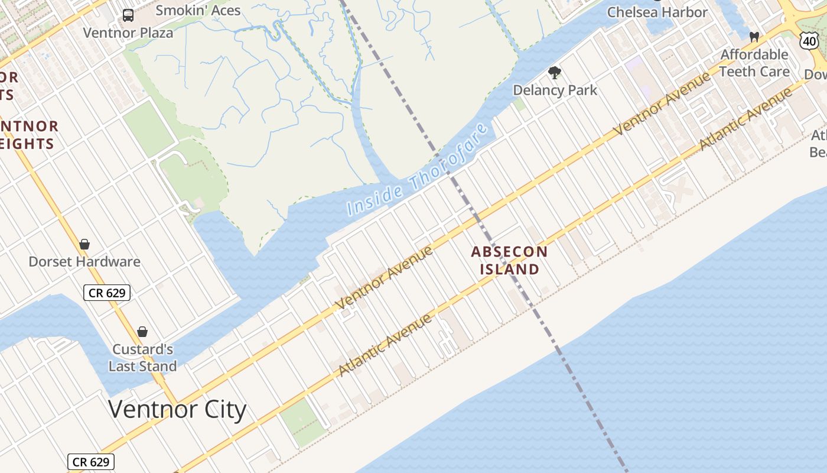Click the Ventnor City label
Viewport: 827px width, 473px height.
pos(177,409)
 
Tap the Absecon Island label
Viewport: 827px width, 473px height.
pos(509,260)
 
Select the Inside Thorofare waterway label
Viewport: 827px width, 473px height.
pos(418,170)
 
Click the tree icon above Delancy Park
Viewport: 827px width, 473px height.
pos(554,73)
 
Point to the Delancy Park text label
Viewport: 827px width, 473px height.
pos(555,90)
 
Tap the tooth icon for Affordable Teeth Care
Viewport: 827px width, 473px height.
pos(754,37)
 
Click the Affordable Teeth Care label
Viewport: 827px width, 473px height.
pos(754,63)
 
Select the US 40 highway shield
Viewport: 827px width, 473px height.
pos(809,41)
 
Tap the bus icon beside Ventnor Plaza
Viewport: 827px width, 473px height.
pos(128,15)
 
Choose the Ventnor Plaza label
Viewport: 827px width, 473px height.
pos(128,33)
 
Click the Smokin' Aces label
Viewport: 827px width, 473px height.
pos(198,11)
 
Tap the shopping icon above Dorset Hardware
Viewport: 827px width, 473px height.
pos(84,244)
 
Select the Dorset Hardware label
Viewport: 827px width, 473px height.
pos(84,261)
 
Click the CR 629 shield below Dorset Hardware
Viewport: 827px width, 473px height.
pos(106,292)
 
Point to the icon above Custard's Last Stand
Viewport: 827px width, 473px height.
pos(142,332)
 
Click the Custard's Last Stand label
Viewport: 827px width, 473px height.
pos(142,358)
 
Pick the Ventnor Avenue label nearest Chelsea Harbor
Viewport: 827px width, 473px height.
pos(662,104)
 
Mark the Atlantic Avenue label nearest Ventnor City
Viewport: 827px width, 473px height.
pos(385,345)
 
